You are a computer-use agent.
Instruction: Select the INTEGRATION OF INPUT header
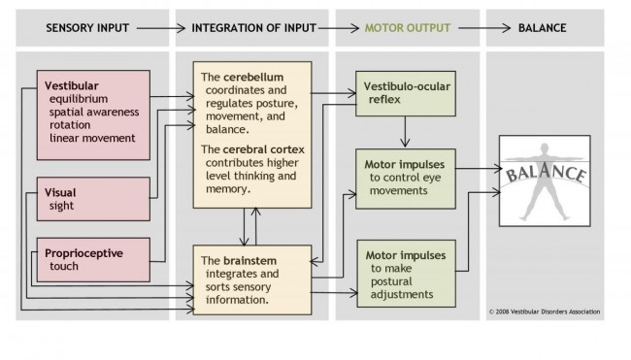pos(252,28)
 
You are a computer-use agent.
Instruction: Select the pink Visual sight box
pos(92,200)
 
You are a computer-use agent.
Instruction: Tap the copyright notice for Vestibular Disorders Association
pos(545,312)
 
